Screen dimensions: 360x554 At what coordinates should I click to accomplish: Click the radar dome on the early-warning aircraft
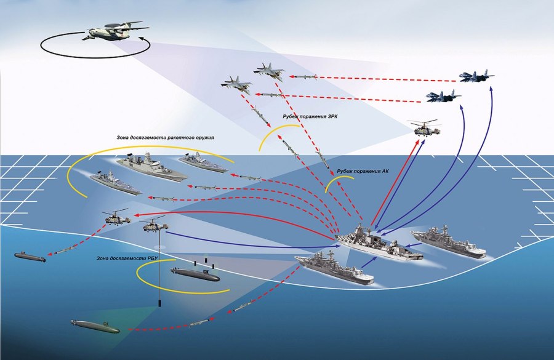(x=109, y=26)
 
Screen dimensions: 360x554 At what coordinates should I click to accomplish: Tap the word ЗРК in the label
(x=320, y=115)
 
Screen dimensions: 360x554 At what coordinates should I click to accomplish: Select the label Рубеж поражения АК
(x=363, y=170)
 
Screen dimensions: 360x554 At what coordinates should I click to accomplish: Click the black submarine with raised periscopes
(x=194, y=273)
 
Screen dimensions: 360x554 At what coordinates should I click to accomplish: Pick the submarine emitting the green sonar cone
(x=94, y=326)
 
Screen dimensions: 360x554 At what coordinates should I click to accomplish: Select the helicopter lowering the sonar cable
(x=152, y=226)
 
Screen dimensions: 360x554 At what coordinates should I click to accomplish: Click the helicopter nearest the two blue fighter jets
(x=425, y=128)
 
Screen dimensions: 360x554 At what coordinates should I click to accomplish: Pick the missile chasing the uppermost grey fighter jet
(x=304, y=78)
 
